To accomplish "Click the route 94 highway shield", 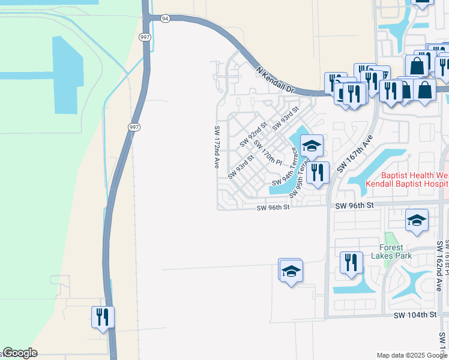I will (165, 19).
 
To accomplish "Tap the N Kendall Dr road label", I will (277, 80).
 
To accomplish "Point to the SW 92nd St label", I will (253, 134).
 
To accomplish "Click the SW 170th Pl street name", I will (268, 152).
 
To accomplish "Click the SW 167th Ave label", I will (351, 154).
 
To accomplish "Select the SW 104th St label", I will (415, 315).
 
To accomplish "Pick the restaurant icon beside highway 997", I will (103, 316).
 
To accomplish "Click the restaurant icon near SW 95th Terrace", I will (318, 172).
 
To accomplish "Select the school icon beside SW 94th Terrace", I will (312, 145).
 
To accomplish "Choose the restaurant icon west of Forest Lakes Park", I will (351, 262).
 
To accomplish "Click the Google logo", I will (20, 353).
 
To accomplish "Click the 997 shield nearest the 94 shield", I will (145, 37).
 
